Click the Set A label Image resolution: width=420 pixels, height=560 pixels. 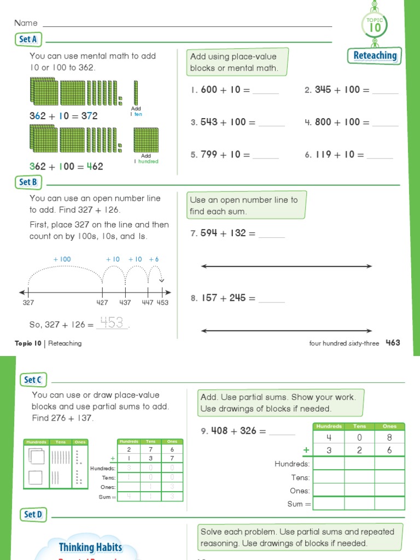[x=28, y=39]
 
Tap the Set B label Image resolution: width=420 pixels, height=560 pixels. [x=28, y=182]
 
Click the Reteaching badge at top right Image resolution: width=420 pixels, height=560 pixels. [x=375, y=55]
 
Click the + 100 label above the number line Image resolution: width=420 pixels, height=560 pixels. [x=62, y=259]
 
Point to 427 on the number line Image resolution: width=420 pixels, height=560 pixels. [x=102, y=302]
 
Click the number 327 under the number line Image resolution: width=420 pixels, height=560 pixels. [x=28, y=302]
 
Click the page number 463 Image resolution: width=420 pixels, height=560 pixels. [x=393, y=343]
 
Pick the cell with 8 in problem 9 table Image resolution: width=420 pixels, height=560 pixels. [x=389, y=437]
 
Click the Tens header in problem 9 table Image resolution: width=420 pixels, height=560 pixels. [x=359, y=426]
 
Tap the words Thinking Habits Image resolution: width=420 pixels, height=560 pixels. [x=90, y=547]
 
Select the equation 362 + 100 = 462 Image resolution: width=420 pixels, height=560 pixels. [x=66, y=166]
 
